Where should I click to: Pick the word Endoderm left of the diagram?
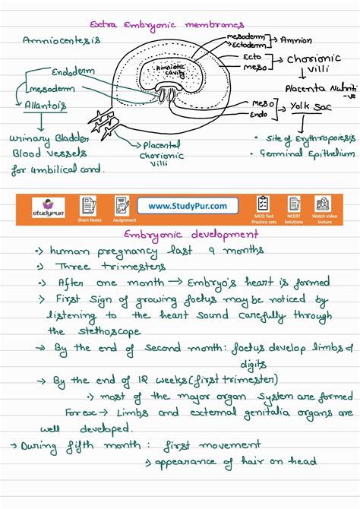[x=74, y=71]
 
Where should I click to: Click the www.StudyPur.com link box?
[x=188, y=206]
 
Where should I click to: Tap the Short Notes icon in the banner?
[x=90, y=205]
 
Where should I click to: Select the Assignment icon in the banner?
[x=122, y=205]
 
